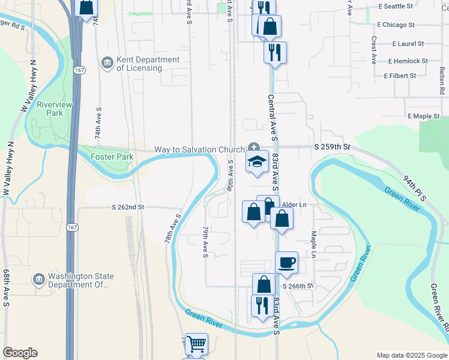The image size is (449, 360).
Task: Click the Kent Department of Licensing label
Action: click(x=139, y=64)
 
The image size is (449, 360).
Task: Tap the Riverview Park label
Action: click(x=55, y=109)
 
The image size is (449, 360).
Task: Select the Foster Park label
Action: click(x=111, y=157)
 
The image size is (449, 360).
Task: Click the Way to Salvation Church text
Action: click(x=199, y=149)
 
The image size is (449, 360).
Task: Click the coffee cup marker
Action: click(x=287, y=262)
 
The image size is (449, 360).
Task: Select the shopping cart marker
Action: click(x=196, y=344)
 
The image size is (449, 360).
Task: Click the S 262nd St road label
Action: click(x=128, y=207)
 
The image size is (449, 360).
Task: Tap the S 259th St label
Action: click(x=331, y=146)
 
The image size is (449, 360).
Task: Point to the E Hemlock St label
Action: click(x=408, y=61)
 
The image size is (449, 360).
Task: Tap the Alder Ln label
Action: click(x=295, y=205)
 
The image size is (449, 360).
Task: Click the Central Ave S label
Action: click(x=271, y=118)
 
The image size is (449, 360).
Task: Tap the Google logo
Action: click(x=20, y=353)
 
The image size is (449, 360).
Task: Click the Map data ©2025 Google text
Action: click(x=411, y=355)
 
